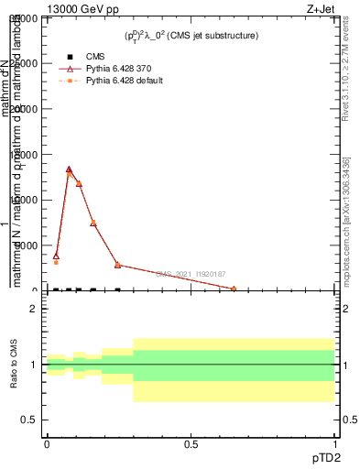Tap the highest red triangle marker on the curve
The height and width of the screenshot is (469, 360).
[x=69, y=169]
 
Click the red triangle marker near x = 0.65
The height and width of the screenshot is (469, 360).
[x=234, y=289]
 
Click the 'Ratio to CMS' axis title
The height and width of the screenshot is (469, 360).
[x=15, y=365]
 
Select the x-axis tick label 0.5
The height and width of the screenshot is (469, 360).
[x=191, y=444]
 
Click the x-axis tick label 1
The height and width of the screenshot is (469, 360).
[x=334, y=444]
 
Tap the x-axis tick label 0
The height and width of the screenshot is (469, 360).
[x=47, y=444]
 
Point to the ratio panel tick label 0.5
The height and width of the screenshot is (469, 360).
[x=28, y=420]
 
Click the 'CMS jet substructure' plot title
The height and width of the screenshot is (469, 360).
[x=191, y=36]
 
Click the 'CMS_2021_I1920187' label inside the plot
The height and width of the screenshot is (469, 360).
[x=191, y=274]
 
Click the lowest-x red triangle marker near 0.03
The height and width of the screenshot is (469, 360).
[x=56, y=256]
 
